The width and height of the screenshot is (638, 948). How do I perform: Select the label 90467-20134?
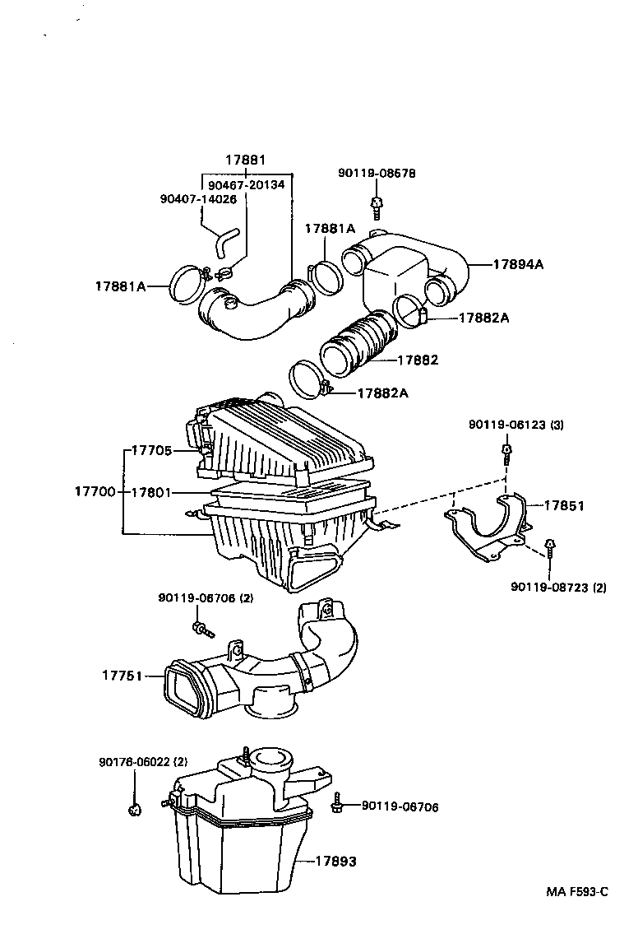(246, 185)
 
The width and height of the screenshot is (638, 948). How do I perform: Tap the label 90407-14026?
(198, 198)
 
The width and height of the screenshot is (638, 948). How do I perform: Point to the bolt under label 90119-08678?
(377, 205)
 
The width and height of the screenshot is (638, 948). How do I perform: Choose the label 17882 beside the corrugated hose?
(418, 360)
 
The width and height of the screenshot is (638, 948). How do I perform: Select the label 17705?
(151, 450)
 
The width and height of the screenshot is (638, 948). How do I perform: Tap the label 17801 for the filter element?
(151, 492)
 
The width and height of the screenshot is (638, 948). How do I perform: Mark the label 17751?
(123, 676)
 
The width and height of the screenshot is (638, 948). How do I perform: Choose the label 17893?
(336, 861)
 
